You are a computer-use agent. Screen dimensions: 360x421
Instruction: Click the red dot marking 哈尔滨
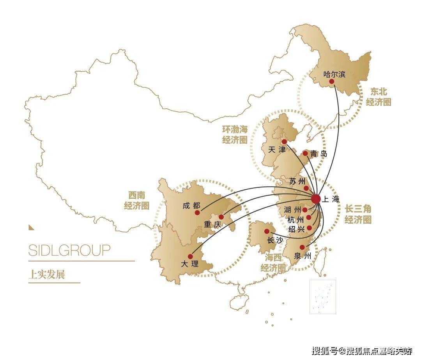click(x=331, y=81)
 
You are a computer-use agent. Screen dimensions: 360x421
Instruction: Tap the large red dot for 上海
click(x=316, y=199)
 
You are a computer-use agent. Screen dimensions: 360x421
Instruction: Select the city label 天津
click(x=277, y=150)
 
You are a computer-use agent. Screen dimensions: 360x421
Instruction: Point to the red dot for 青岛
click(x=305, y=154)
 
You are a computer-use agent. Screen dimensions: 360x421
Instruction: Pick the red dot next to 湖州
click(x=305, y=210)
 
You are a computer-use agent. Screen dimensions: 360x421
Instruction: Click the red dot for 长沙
click(x=267, y=231)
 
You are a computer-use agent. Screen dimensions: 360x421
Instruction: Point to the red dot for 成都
click(x=197, y=212)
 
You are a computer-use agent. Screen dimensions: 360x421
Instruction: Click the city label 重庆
click(x=212, y=224)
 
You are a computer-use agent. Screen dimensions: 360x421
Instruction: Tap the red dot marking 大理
click(x=190, y=256)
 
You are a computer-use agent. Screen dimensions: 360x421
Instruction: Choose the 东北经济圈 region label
click(x=378, y=97)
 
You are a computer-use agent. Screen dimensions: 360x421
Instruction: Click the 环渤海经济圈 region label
click(x=235, y=135)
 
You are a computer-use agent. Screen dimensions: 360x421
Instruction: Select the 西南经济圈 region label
click(x=137, y=201)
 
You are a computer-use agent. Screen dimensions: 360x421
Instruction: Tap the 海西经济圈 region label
click(x=273, y=263)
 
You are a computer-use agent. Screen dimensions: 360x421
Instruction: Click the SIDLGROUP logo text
click(x=69, y=250)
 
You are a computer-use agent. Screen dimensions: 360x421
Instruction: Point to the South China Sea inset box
click(x=322, y=296)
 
